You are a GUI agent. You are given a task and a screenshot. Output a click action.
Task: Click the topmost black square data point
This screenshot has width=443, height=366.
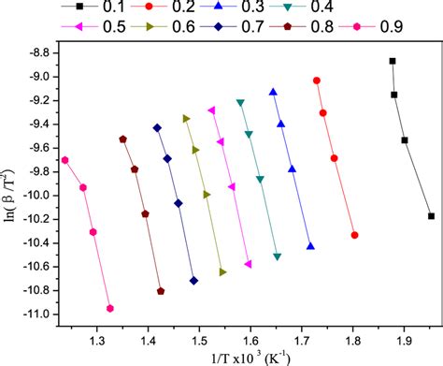point(393,61)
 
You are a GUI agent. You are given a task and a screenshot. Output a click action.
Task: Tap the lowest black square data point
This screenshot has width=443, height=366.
point(431,216)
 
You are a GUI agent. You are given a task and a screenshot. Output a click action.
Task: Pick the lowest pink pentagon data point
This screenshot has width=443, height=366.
point(110,308)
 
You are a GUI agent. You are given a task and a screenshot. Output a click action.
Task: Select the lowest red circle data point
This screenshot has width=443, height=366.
point(354,235)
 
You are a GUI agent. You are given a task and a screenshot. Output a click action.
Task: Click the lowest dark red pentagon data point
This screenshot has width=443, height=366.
point(161,291)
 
